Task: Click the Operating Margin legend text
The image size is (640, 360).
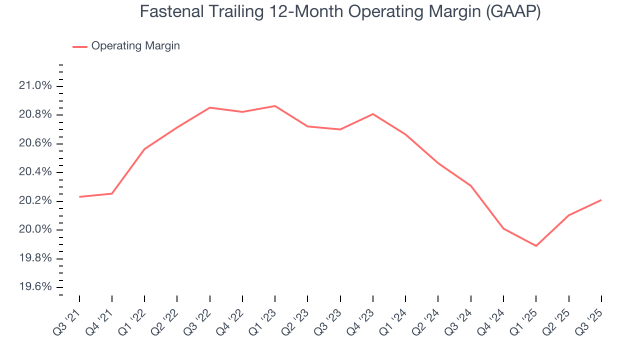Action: [x=135, y=46]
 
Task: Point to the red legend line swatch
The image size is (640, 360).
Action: [x=80, y=46]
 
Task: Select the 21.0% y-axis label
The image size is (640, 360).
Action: [x=35, y=86]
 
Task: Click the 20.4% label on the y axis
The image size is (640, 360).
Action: [x=35, y=172]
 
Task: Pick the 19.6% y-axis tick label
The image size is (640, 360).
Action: [x=35, y=287]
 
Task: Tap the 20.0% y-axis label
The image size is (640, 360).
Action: [x=35, y=230]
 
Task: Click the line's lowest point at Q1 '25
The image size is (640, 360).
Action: [x=536, y=246]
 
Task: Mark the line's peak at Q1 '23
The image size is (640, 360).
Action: [x=275, y=106]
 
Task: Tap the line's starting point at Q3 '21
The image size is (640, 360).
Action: [x=79, y=197]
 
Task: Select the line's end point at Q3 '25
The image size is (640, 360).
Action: [x=601, y=200]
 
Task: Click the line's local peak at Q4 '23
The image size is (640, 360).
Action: [x=373, y=114]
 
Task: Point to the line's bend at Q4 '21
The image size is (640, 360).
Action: [x=112, y=193]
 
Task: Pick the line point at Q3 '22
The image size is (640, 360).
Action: [x=210, y=107]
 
